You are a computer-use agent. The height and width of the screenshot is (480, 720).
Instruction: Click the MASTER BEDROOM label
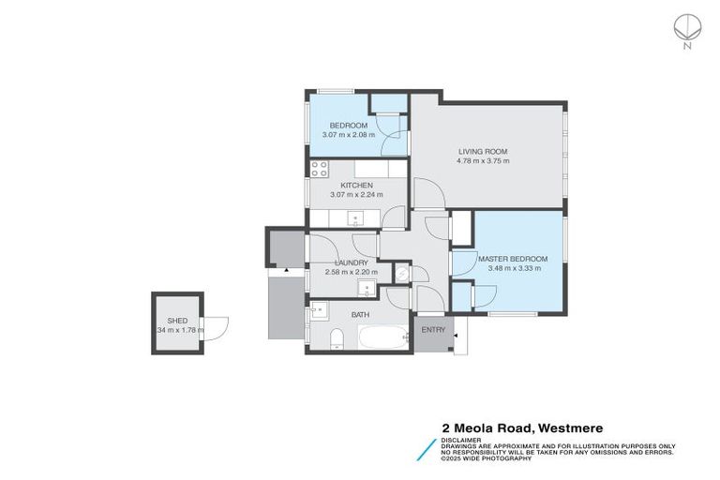coord(512,259)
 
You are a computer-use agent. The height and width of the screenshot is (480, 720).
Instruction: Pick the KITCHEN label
coord(357,186)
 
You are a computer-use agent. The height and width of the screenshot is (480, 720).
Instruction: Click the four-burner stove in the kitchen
coord(320,170)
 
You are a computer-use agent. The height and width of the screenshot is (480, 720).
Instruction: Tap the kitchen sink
coord(356,219)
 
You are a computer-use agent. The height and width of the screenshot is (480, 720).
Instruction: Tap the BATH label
coord(360,315)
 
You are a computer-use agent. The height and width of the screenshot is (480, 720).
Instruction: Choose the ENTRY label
coord(433,330)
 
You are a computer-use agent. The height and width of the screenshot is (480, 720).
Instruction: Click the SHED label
coord(177,321)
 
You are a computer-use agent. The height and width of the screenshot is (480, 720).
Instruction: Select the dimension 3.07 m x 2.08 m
coord(348,135)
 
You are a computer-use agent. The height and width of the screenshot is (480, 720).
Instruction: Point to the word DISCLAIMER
coord(463,439)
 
